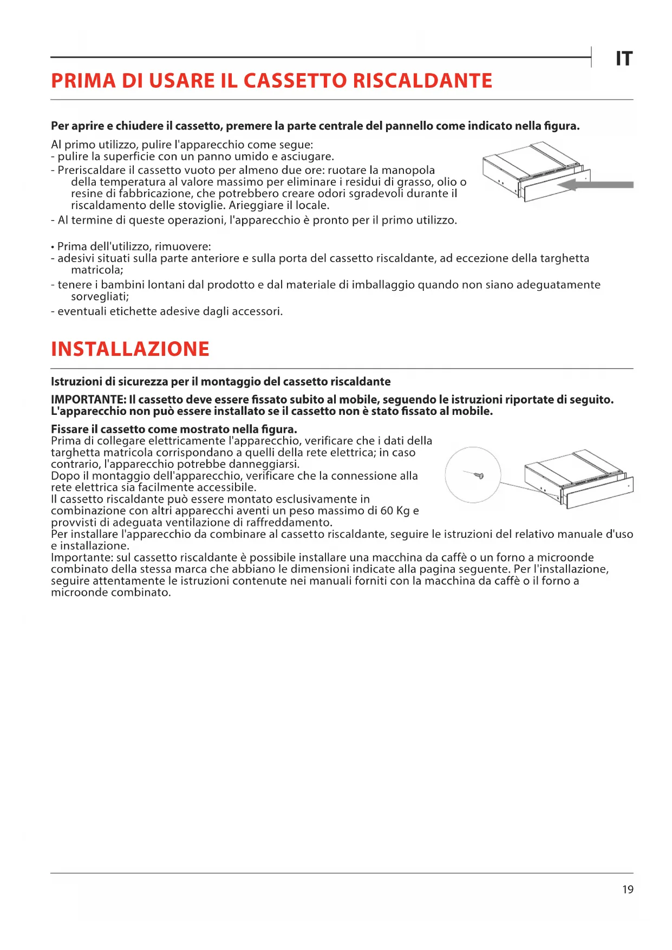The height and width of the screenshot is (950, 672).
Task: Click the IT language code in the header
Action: point(624,58)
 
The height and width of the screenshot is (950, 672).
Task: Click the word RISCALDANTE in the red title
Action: point(422,81)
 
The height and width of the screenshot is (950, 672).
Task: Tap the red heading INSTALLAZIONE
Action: point(130,349)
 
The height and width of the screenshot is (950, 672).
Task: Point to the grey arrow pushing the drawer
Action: point(596,185)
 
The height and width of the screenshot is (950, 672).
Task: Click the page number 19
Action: point(628,889)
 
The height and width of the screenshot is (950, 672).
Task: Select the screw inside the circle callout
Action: point(479,476)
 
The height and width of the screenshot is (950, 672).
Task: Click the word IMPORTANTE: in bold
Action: point(88,400)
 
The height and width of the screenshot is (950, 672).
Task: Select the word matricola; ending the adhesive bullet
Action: point(97,270)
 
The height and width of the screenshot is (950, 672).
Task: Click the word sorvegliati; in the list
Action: point(100,296)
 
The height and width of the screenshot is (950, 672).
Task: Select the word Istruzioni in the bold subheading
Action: point(76,381)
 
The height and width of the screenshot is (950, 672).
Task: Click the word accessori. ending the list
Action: point(257,311)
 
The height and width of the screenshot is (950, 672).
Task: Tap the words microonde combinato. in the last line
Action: point(111,593)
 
